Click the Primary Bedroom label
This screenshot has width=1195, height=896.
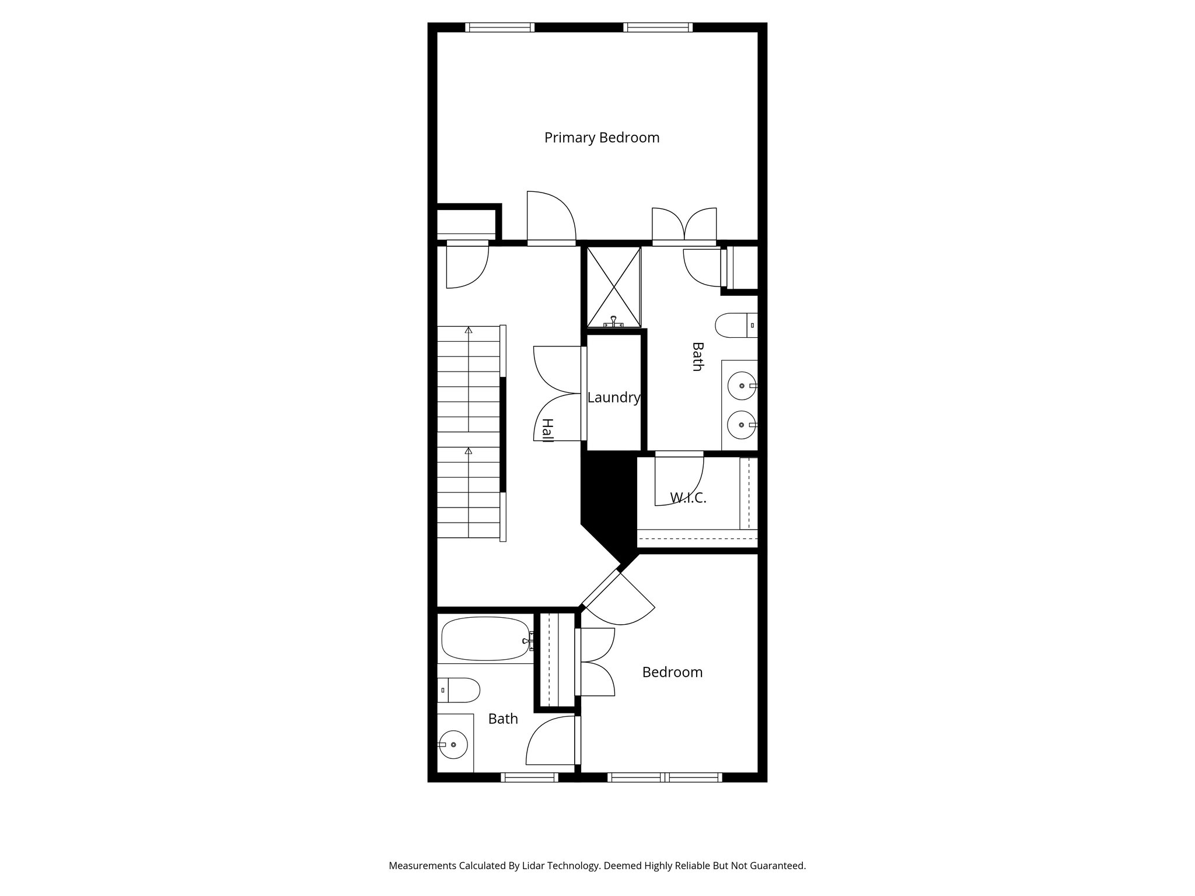click(x=602, y=138)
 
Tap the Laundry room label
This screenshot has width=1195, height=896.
click(x=613, y=398)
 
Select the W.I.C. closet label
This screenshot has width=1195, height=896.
click(x=688, y=498)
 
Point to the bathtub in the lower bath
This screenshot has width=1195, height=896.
click(x=485, y=639)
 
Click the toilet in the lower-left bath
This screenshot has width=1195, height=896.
click(x=460, y=690)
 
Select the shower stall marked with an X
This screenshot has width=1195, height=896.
click(x=613, y=286)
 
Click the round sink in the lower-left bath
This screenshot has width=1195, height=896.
click(x=453, y=745)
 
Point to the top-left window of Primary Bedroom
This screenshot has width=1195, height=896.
click(x=500, y=27)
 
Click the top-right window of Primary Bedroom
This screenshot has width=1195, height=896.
click(x=658, y=27)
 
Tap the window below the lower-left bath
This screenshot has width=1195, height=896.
click(x=530, y=777)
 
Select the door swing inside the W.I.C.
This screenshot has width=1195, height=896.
click(x=680, y=482)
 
